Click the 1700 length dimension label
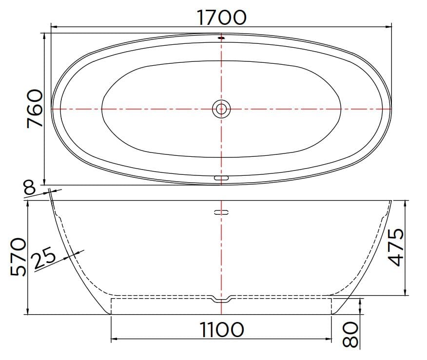222,18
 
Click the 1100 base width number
222,330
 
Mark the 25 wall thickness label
44,259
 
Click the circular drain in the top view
222,109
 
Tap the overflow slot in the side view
222,212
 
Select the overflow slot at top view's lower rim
222,178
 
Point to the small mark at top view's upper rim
222,38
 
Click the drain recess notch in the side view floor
222,299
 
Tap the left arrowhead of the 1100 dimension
114,339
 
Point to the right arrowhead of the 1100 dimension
330,339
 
